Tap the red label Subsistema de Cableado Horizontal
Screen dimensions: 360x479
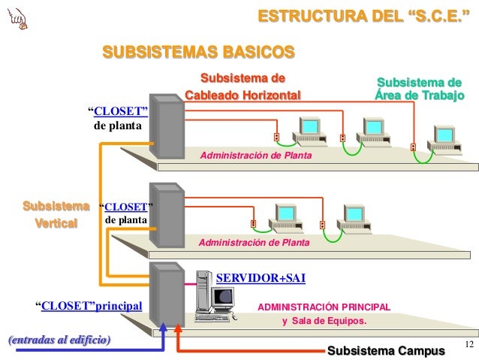(243, 86)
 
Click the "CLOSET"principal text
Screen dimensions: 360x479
(89, 305)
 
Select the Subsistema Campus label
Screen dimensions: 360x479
(381, 350)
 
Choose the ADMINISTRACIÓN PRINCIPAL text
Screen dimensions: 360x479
(324, 307)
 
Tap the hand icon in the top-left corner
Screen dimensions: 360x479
(14, 18)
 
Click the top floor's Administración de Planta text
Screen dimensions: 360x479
(255, 155)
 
